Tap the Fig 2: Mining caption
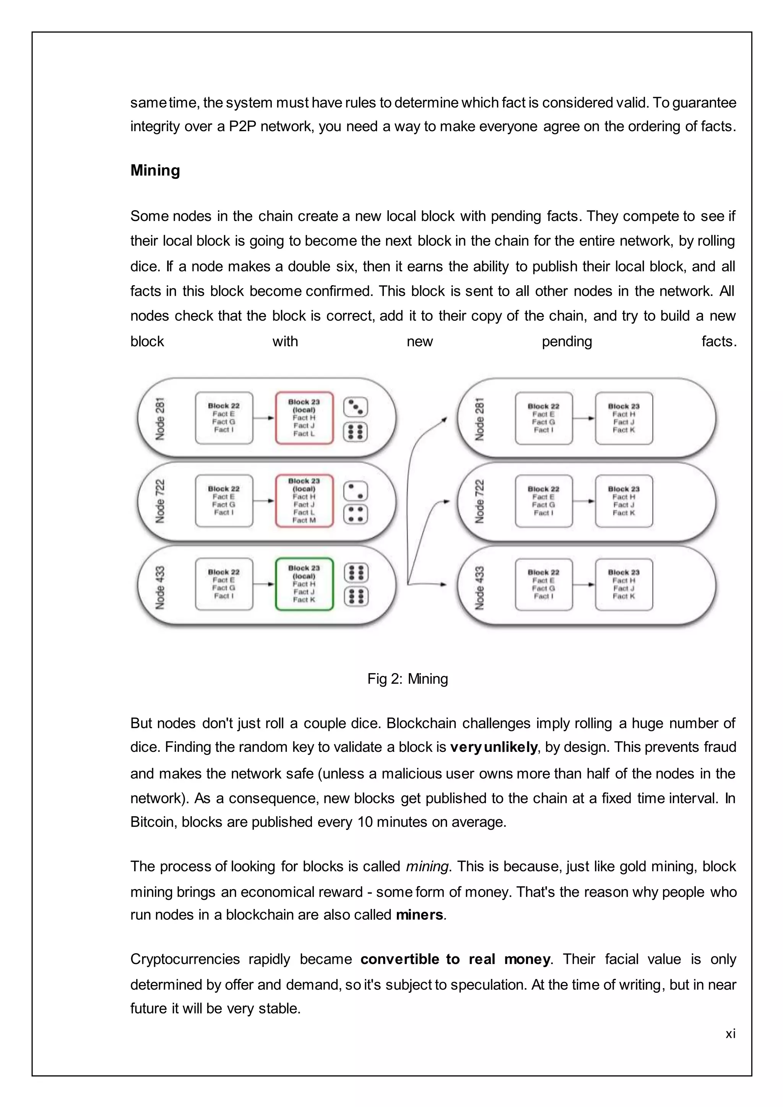pos(408,679)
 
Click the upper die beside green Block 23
pos(356,573)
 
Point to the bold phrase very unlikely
pos(493,747)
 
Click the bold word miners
pos(419,915)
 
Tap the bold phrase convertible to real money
pos(455,959)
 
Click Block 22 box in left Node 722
pos(224,501)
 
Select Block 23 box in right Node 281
pos(624,418)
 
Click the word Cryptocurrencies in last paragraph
pos(185,959)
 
